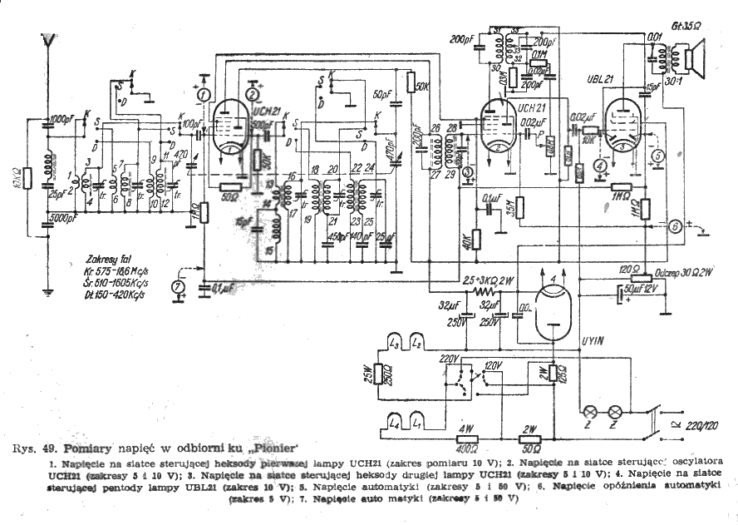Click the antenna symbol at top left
pos(50,39)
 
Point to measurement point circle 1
pos(201,95)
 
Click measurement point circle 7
pos(175,288)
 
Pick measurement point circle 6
pos(676,225)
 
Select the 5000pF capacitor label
pos(62,219)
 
